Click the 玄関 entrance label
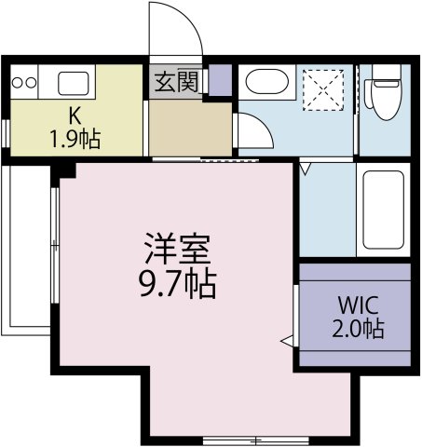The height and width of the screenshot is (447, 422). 176,82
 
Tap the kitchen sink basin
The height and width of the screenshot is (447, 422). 74,83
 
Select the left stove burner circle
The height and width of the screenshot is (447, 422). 18,83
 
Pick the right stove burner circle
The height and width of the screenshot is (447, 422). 31,83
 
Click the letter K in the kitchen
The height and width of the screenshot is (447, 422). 75,115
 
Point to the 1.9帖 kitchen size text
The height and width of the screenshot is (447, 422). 75,140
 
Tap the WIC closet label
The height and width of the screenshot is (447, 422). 359,305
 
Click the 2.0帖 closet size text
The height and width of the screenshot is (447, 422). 359,329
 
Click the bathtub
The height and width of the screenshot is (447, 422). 384,210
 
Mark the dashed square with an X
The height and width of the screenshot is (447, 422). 323,90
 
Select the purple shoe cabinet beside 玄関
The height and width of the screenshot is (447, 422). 220,80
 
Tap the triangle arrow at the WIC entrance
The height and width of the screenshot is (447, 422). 287,341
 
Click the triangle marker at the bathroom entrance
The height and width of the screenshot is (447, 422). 306,169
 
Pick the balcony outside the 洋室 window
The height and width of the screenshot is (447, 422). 26,250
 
